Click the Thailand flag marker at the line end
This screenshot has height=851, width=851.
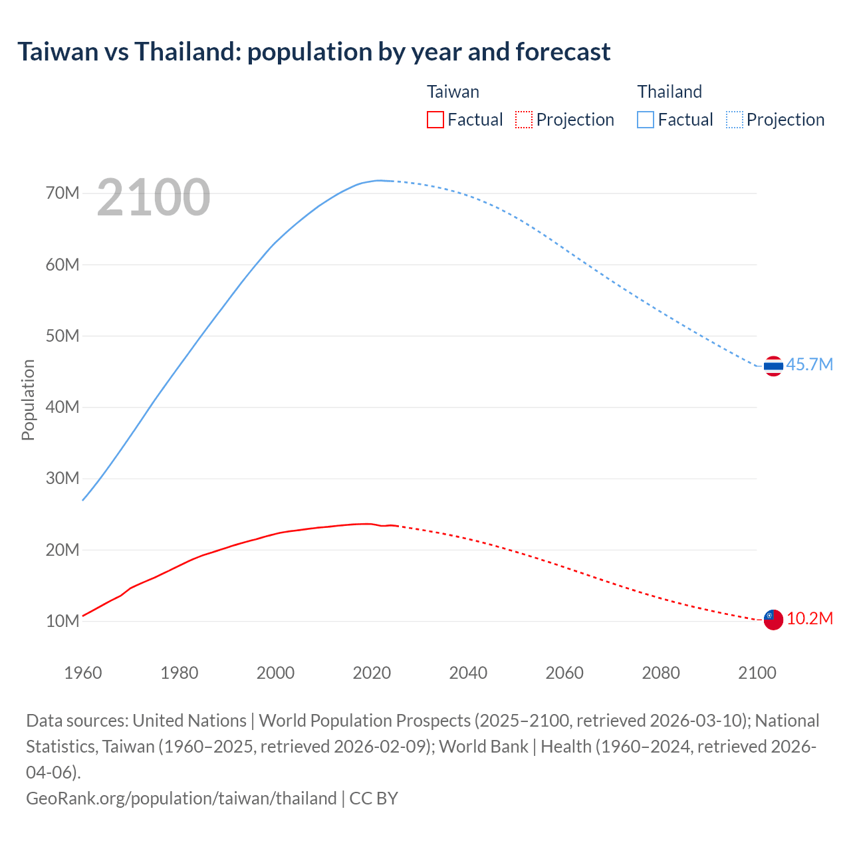[773, 366]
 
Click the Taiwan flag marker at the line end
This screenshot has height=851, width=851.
[773, 620]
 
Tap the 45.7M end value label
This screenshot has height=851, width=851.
[809, 364]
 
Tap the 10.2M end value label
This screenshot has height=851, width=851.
[809, 618]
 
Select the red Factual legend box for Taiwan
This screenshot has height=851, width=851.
[435, 120]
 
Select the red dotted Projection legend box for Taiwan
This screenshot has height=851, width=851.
[524, 120]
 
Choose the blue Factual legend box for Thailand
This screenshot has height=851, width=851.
[645, 120]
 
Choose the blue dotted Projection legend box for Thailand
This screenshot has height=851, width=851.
[734, 120]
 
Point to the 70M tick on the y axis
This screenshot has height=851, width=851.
[62, 193]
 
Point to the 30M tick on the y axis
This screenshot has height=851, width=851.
[62, 478]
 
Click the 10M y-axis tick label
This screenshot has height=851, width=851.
[62, 621]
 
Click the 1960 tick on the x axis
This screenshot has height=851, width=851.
[83, 673]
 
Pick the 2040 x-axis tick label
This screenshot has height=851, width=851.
[468, 673]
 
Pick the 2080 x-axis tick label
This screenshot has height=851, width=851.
[661, 673]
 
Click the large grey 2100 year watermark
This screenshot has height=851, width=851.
[154, 197]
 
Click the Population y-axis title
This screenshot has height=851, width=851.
[28, 400]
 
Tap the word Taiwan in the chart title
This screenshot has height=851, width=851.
[57, 51]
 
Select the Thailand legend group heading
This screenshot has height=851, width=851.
[669, 92]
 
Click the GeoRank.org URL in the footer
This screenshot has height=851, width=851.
[181, 798]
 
